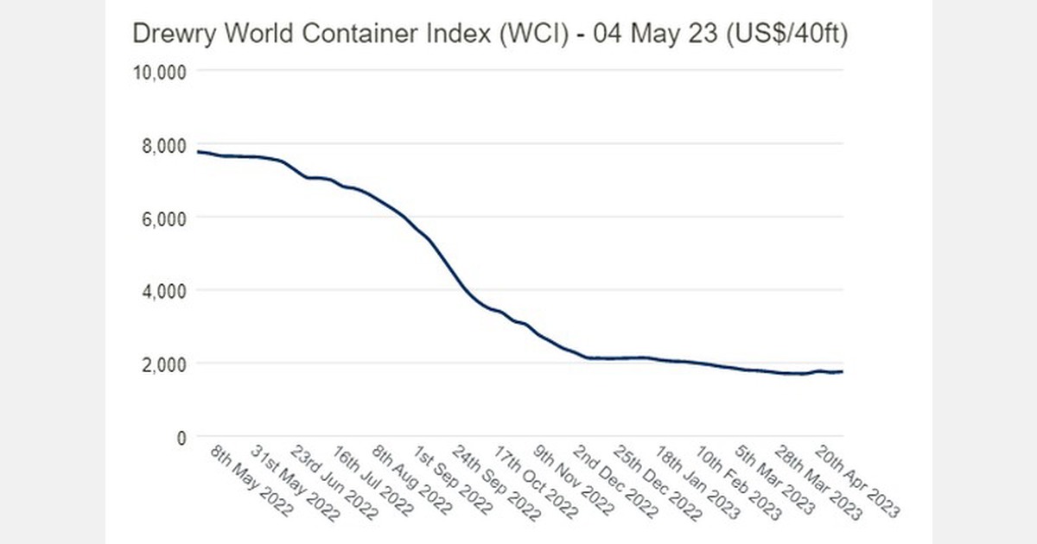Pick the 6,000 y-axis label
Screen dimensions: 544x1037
[162, 218]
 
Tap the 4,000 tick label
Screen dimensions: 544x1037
[162, 291]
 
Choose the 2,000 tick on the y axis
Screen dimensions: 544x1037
[162, 364]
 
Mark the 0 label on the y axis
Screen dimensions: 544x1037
[181, 438]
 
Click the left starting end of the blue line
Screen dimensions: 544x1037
[199, 152]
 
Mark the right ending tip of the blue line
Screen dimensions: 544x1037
[843, 371]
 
